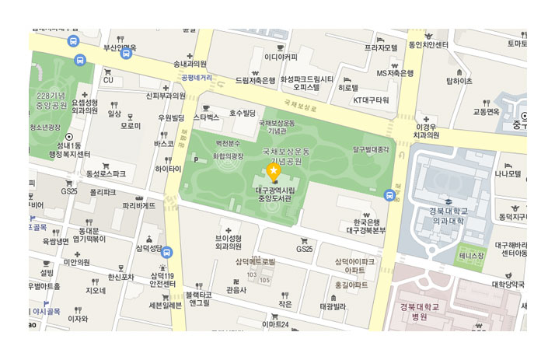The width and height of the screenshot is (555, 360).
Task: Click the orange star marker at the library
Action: [274, 170]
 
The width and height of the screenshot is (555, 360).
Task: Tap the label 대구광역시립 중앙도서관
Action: [273, 192]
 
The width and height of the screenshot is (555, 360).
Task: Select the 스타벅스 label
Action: [207, 117]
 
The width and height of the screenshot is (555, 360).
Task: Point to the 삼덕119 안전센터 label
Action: [165, 279]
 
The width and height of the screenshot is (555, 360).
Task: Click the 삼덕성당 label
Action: [148, 248]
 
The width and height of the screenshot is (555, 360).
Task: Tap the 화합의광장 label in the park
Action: [229, 156]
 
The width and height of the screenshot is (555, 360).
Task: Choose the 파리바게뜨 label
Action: [139, 205]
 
